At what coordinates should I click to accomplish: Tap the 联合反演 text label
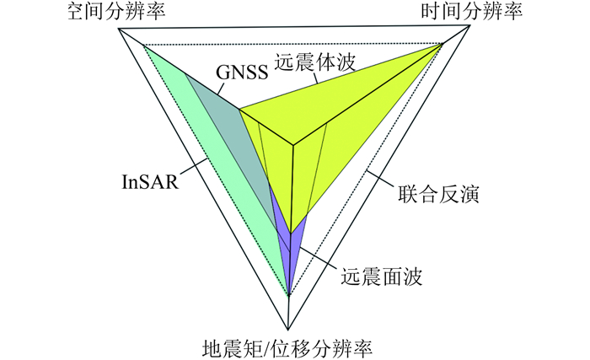(439, 196)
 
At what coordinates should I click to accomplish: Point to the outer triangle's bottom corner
(290, 329)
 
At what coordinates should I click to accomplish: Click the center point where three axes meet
(292, 146)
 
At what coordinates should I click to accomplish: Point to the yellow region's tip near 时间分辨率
(441, 46)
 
